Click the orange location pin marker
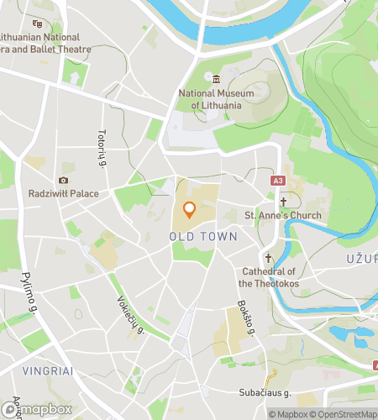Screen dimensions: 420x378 click(189, 210)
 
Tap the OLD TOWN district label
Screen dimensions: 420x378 click(203, 238)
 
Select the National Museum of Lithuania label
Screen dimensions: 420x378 click(216, 99)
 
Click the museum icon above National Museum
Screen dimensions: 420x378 click(216, 79)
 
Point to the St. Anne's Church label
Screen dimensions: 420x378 click(282, 216)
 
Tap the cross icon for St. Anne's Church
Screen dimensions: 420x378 click(284, 202)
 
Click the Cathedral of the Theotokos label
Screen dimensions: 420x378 click(269, 277)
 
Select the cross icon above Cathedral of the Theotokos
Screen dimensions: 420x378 click(269, 259)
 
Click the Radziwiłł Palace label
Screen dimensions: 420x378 click(62, 194)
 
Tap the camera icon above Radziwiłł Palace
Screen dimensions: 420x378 click(62, 180)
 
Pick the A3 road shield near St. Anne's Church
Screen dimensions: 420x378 click(277, 180)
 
